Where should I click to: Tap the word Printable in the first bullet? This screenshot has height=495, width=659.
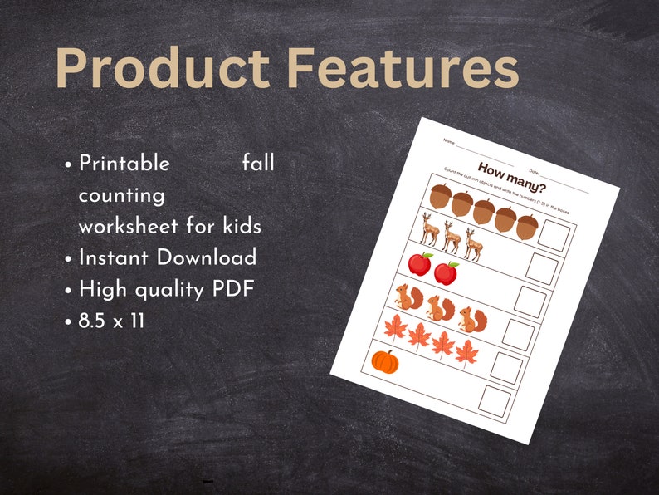point(124,164)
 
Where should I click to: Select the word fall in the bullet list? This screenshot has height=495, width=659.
point(258,163)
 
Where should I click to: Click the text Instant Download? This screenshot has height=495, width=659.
point(168,257)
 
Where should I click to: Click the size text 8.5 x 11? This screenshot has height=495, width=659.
point(112,320)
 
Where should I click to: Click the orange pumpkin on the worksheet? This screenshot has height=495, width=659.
point(385,361)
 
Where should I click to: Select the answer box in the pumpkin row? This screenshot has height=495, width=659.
point(497,402)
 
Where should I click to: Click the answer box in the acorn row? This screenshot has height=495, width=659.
point(553,237)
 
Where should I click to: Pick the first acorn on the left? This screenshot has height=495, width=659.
point(441,196)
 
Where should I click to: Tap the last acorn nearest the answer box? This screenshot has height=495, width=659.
point(526,225)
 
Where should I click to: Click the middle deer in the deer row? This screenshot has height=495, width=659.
point(452,237)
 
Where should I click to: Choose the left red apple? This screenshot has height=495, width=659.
point(420,264)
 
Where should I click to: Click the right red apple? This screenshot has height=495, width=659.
point(447,272)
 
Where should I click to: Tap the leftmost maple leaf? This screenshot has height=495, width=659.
point(395,328)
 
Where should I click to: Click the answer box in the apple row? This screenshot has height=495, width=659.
point(542,270)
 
